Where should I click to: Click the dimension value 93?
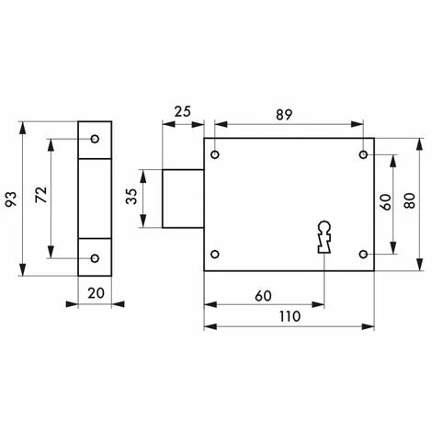point(11,199)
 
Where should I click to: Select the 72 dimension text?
point(41,195)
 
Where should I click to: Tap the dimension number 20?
point(96,293)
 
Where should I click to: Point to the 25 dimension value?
point(183,112)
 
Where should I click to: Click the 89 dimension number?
point(284,115)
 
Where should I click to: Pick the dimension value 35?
point(131,197)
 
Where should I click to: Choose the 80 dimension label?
point(410,200)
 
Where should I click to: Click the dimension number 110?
point(290,316)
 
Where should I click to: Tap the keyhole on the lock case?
point(324,237)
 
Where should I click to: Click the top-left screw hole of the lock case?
point(215,154)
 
